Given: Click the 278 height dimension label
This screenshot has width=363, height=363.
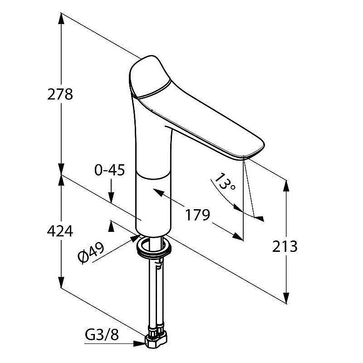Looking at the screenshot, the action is [60, 94].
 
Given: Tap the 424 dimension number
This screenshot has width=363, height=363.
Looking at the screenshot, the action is [60, 231].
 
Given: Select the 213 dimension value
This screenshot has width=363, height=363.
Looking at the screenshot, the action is [285, 246].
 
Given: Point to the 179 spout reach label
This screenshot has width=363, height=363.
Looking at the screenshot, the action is [197, 215].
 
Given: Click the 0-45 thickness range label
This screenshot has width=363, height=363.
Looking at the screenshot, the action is [109, 170].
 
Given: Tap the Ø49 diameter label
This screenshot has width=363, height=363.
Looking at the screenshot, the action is [91, 253].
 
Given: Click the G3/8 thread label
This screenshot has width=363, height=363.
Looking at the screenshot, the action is [102, 334].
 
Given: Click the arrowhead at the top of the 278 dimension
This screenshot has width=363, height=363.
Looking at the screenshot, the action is [61, 18].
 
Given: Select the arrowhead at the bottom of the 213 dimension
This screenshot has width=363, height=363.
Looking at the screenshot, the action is [286, 298].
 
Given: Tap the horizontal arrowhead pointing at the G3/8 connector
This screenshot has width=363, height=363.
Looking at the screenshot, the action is [140, 343].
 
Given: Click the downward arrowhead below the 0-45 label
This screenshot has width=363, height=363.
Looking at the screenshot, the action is [111, 198].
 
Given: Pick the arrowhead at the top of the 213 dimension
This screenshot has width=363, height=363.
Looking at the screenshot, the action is [286, 186].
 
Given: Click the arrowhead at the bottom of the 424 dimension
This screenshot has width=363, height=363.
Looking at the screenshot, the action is [61, 282].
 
